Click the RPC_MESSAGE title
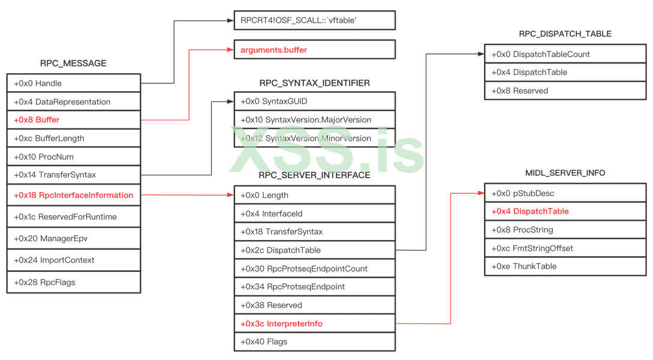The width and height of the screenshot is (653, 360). pos(73,63)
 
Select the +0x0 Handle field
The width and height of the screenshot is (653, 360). pos(73,83)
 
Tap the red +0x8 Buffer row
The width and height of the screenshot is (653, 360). pos(73,120)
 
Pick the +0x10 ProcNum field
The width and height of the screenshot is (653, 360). pos(73,157)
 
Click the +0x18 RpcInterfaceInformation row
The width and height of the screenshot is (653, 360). pos(73,195)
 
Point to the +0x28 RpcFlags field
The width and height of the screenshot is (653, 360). pos(73,282)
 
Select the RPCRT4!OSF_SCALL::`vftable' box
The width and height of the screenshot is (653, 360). pos(314,20)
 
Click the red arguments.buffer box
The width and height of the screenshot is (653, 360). pos(314,50)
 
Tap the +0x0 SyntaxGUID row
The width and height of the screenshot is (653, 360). pos(314,101)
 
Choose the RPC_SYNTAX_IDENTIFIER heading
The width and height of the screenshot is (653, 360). pos(314,83)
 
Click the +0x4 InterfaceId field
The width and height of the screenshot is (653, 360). pos(314,214)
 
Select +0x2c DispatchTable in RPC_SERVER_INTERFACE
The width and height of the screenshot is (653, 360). pos(314,250)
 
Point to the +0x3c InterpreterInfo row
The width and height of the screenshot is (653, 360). pos(314,324)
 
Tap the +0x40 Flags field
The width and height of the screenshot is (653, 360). pos(314,342)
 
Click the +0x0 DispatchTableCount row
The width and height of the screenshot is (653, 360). pos(565,54)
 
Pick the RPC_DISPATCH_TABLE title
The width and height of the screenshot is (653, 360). pos(565,34)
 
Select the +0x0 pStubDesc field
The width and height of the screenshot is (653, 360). pos(565,193)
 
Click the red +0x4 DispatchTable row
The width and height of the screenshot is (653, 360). pos(565,211)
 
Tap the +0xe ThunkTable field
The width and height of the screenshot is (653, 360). pos(565,266)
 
